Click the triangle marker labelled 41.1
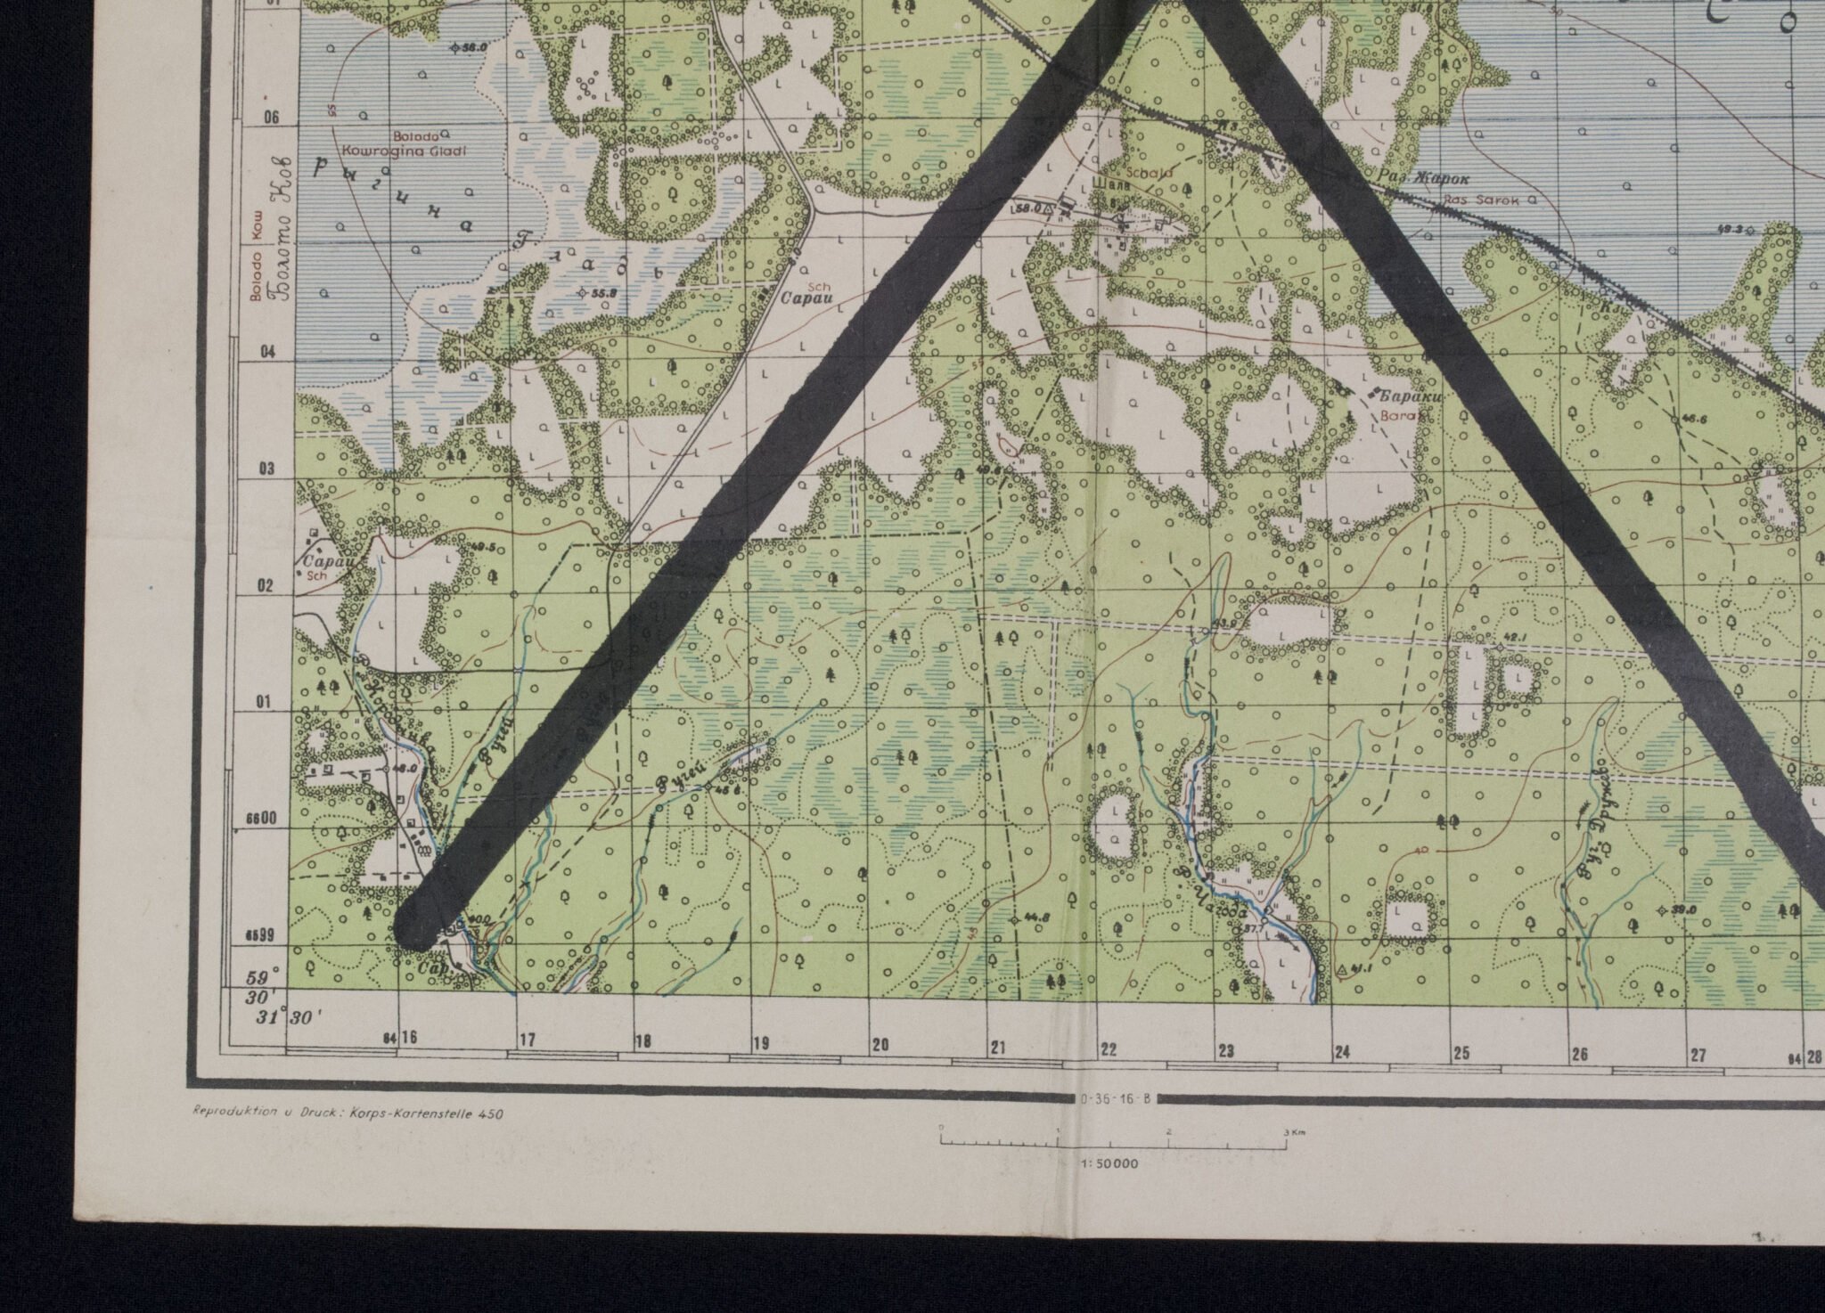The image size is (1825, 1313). (1343, 968)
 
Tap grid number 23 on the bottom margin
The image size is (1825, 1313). (1227, 1051)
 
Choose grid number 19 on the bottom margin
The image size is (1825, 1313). (760, 1043)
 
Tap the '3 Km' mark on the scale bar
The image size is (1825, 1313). (1289, 1133)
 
